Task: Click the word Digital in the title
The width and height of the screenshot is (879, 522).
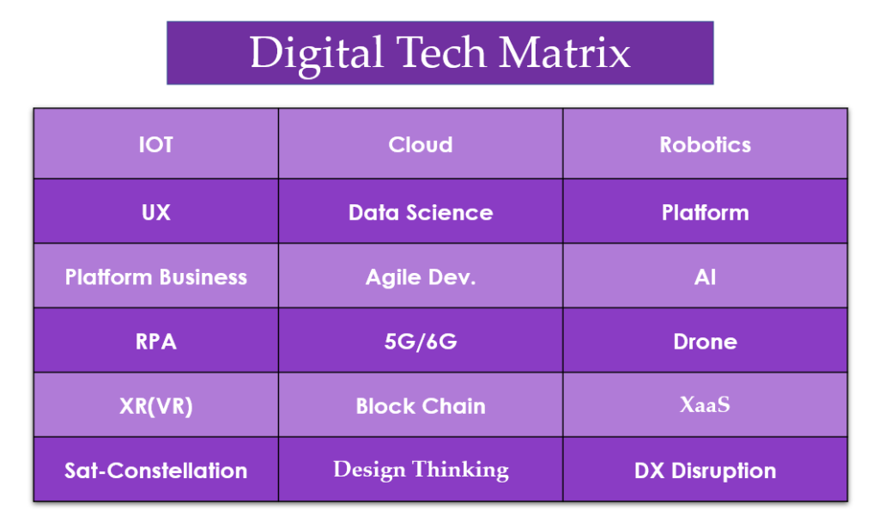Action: pyautogui.click(x=317, y=54)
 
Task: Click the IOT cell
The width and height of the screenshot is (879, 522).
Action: pyautogui.click(x=156, y=144)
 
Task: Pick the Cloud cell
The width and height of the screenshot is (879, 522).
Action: pyautogui.click(x=421, y=144)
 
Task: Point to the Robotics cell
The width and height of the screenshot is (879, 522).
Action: pyautogui.click(x=706, y=144)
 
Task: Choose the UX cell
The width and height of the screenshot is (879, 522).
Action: pyautogui.click(x=156, y=211)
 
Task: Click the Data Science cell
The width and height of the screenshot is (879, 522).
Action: pyautogui.click(x=421, y=211)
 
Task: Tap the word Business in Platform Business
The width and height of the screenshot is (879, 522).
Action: pyautogui.click(x=203, y=277)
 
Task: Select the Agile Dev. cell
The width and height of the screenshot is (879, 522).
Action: pyautogui.click(x=421, y=276)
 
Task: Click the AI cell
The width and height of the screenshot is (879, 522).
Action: pyautogui.click(x=706, y=276)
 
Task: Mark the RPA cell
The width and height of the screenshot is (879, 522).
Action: pyautogui.click(x=156, y=340)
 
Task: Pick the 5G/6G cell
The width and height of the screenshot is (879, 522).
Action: pyautogui.click(x=421, y=340)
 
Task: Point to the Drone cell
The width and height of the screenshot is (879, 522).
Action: pyautogui.click(x=706, y=340)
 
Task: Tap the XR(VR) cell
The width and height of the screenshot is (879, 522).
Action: pyautogui.click(x=156, y=405)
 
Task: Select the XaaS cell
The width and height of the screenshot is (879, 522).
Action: pyautogui.click(x=706, y=405)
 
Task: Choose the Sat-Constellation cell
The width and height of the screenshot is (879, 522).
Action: pyautogui.click(x=156, y=470)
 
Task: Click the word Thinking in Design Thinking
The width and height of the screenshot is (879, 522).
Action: pyautogui.click(x=461, y=470)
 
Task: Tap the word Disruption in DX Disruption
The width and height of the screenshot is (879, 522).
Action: pyautogui.click(x=724, y=471)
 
